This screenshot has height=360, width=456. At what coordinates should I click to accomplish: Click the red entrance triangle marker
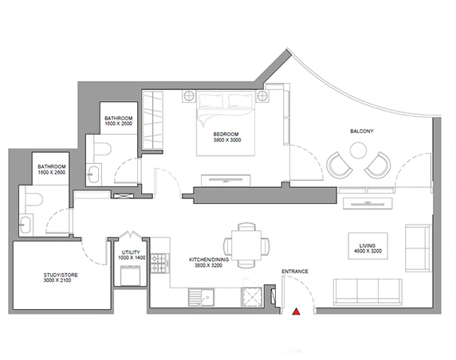tap(296, 311)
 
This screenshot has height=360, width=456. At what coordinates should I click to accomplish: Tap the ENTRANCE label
tap(295, 272)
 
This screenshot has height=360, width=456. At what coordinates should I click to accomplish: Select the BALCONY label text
tap(362, 131)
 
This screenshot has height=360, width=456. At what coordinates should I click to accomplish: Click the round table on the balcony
tap(358, 151)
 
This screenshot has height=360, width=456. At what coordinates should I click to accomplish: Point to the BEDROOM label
tap(226, 135)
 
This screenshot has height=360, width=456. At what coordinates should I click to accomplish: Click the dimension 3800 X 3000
tap(227, 139)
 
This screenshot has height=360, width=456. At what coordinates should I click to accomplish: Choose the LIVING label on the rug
tap(368, 245)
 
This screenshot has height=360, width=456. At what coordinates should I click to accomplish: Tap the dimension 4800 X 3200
tap(368, 251)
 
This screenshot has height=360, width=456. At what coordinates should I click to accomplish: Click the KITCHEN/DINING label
tap(209, 260)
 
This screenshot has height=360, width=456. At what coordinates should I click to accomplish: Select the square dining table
tap(246, 245)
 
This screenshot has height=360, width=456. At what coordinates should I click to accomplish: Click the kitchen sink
tap(201, 297)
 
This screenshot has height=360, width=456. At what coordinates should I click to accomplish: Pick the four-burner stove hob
tap(159, 264)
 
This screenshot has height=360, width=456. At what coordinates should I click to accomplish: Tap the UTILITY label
tap(131, 252)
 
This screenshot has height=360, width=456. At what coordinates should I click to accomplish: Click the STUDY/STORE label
tap(61, 275)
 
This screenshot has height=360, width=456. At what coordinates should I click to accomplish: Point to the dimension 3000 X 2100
tap(57, 280)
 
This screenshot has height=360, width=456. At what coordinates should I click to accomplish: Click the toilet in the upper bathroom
tap(102, 149)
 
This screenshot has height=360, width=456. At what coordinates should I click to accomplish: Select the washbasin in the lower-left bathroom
tap(26, 225)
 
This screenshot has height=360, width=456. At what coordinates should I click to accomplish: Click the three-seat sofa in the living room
tap(368, 292)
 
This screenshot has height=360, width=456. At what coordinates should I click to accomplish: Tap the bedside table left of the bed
tap(189, 96)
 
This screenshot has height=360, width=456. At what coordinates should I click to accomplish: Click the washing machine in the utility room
tap(131, 276)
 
